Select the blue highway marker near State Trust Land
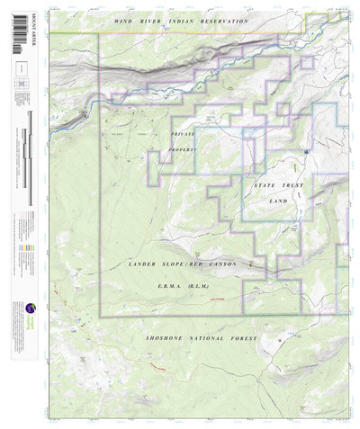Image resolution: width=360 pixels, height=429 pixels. point(307,151)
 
